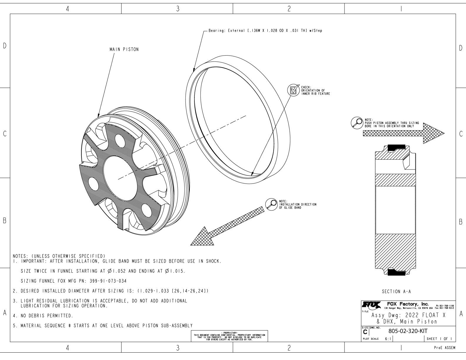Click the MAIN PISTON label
coord(124,49)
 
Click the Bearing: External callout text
coord(265,31)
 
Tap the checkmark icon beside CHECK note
coord(293,90)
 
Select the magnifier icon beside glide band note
coord(271,204)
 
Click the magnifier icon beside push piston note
coord(357,122)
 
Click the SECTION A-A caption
coord(396,292)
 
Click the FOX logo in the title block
coord(372,304)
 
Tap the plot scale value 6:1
coord(388,339)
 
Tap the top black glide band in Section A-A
coord(396,147)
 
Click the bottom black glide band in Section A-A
coord(396,272)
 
